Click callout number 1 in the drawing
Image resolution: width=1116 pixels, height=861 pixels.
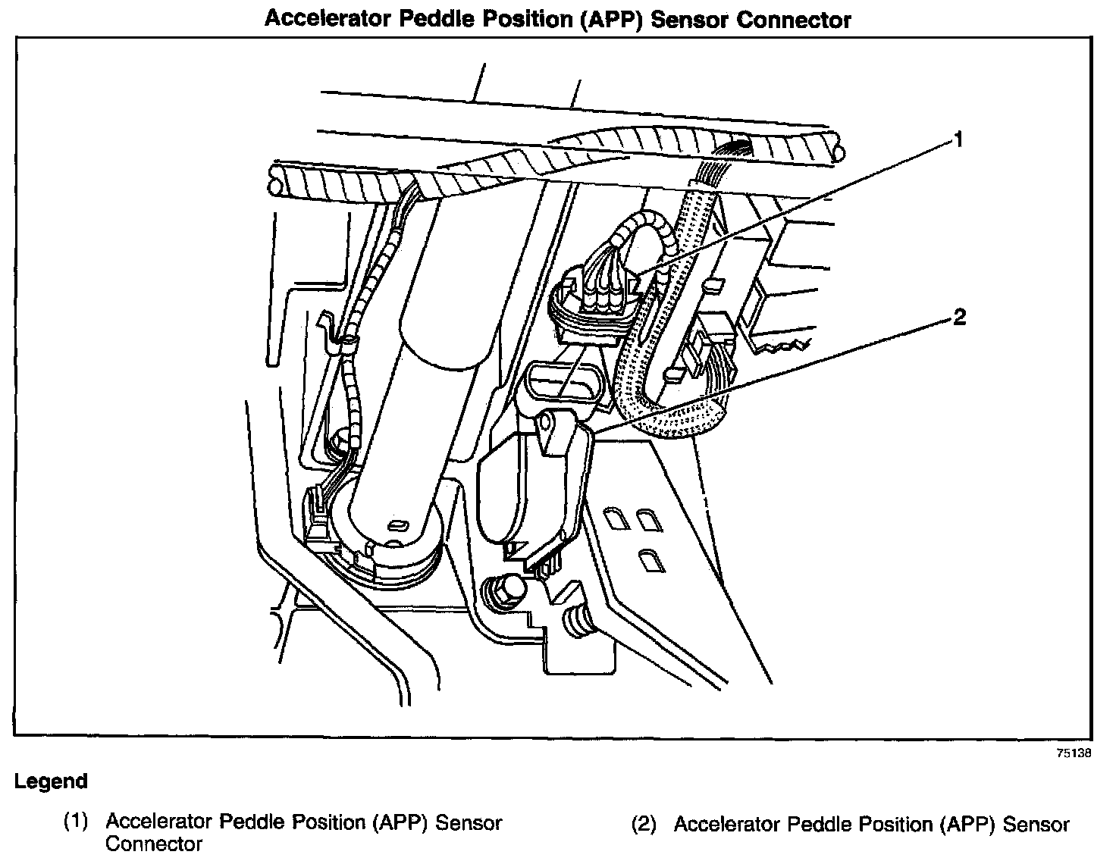click(958, 139)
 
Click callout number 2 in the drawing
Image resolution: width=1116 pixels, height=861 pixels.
click(959, 318)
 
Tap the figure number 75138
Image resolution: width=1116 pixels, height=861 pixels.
click(1075, 753)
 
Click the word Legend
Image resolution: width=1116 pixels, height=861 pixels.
click(51, 781)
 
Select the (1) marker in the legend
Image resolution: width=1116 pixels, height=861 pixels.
click(76, 822)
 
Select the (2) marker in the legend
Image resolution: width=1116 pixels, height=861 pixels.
click(644, 825)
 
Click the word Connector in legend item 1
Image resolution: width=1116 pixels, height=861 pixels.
click(153, 844)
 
